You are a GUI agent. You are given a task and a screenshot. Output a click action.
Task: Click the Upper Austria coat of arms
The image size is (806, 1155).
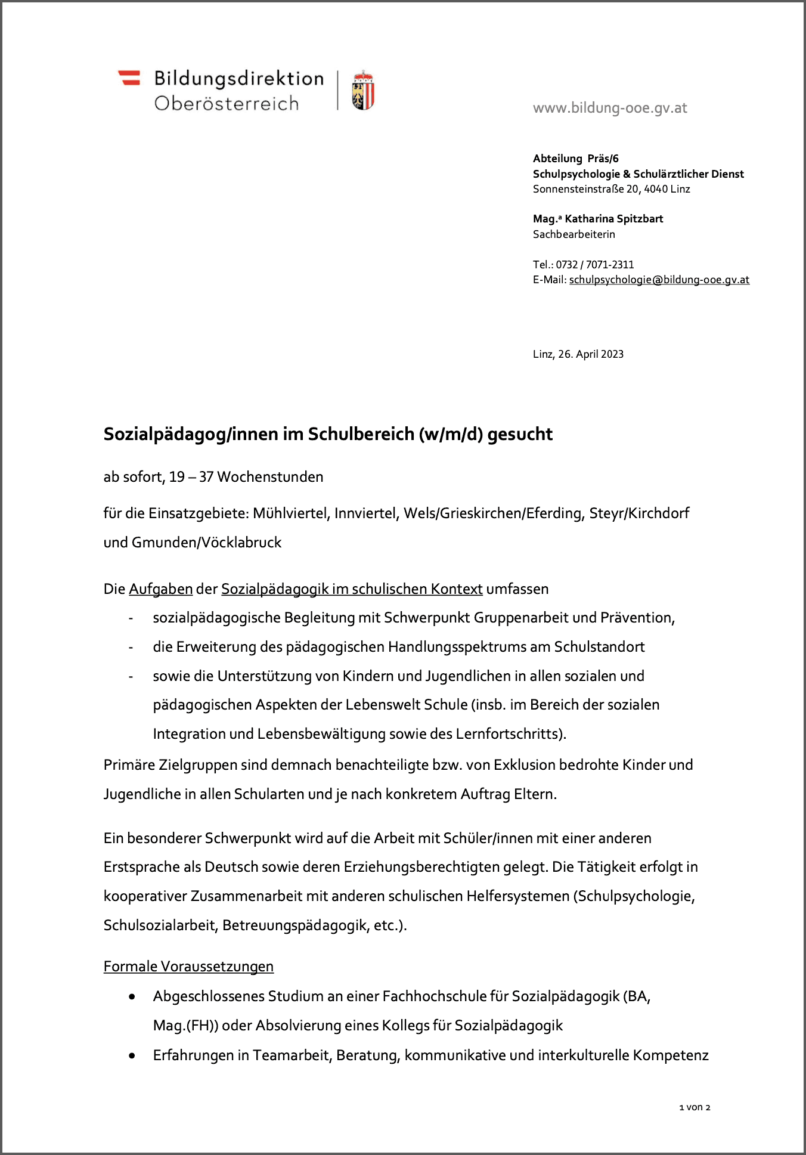tap(362, 91)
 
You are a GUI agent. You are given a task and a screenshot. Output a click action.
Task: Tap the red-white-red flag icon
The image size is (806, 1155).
tap(129, 78)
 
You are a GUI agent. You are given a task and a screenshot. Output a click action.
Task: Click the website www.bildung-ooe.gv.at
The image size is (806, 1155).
tap(610, 108)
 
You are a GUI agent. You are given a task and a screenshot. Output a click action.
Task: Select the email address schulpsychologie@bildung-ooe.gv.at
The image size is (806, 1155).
tap(659, 280)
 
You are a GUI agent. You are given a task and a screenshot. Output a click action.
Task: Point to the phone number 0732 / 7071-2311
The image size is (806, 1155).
tap(594, 264)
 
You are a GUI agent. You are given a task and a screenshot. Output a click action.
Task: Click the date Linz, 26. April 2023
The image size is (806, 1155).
tap(578, 354)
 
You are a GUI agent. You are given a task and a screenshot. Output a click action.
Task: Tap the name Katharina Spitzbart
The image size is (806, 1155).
tap(613, 219)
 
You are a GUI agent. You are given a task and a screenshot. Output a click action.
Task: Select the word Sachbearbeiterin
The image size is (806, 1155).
tap(573, 234)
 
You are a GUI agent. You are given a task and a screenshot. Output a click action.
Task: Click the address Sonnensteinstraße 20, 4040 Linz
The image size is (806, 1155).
tap(611, 189)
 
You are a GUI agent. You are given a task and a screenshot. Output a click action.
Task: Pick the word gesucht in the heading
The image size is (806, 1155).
tap(520, 434)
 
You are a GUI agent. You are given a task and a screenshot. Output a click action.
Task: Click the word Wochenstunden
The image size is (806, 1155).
tap(270, 477)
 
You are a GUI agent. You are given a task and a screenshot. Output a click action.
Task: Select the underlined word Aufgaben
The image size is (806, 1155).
tap(160, 589)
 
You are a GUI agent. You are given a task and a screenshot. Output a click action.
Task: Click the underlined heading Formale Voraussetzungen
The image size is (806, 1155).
tap(188, 967)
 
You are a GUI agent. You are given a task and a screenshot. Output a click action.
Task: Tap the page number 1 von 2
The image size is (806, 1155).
tap(695, 1107)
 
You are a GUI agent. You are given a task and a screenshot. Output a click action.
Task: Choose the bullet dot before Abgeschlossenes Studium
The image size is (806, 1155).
tap(132, 996)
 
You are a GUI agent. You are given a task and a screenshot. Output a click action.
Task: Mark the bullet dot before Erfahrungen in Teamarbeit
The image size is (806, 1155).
tap(132, 1055)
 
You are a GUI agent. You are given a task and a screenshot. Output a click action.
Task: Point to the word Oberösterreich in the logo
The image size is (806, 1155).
tap(227, 103)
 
